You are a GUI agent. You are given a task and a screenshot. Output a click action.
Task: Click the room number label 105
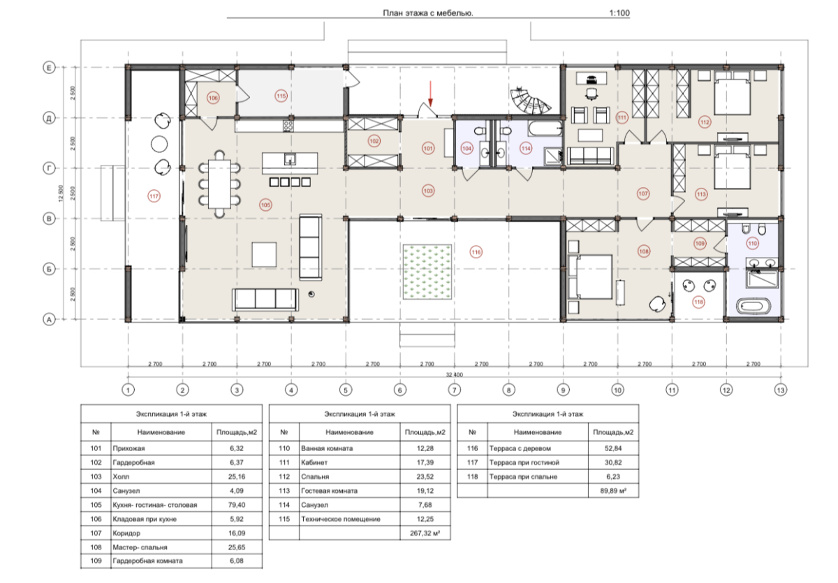coord(265,205)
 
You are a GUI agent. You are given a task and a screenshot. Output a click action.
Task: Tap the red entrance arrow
coord(431,94)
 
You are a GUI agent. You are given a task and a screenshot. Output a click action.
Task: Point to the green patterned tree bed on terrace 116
coord(427,272)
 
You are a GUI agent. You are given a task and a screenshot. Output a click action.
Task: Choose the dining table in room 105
coord(219,184)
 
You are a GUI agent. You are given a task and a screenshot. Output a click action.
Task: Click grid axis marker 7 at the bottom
coord(454,390)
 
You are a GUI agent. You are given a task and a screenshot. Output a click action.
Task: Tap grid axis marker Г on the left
coord(49,169)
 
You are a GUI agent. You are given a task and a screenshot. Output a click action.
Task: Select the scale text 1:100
coord(619,13)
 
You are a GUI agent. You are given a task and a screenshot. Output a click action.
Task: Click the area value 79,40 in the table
coord(237,505)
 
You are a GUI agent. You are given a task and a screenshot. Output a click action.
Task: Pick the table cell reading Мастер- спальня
coord(140,547)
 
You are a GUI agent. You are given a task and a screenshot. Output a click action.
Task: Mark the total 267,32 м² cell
coord(425,533)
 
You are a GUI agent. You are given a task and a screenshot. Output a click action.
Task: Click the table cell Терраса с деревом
coord(520,448)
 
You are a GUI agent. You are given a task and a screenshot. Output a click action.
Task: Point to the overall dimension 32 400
coord(454,374)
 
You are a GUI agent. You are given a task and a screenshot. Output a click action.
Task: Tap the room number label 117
coord(154,196)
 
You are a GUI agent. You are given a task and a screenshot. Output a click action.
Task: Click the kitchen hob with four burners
coord(288,126)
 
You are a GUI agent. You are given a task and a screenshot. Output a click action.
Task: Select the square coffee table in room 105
coord(264,254)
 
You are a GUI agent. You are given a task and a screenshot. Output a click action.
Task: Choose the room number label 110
coord(753,244)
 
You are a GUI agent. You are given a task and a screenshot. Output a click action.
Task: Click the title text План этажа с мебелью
coord(428,13)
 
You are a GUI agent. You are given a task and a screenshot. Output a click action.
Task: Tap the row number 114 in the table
coord(284,505)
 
